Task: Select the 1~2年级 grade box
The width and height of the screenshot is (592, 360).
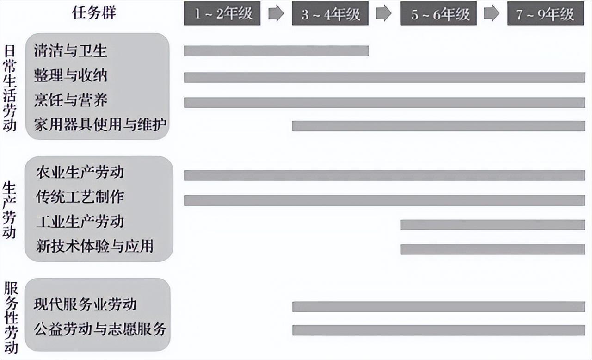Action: [x=222, y=13]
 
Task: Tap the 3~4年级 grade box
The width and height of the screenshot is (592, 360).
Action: [x=330, y=13]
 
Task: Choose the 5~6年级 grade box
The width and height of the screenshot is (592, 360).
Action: [x=438, y=13]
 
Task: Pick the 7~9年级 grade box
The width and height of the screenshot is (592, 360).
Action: [x=546, y=13]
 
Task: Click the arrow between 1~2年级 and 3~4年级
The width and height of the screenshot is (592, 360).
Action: [x=276, y=13]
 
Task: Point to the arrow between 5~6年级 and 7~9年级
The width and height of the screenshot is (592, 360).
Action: [x=492, y=13]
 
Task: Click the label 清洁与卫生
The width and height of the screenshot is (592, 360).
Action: [x=70, y=50]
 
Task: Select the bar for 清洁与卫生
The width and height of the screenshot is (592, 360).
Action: [x=276, y=51]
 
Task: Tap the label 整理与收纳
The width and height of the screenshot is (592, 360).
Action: [x=70, y=75]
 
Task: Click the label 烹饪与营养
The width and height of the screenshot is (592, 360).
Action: [x=70, y=99]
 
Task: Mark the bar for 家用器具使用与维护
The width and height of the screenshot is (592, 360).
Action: [x=438, y=126]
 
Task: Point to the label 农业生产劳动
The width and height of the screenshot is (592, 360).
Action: [x=80, y=173]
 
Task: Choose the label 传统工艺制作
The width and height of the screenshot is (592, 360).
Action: [x=80, y=197]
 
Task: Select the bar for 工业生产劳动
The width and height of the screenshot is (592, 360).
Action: [x=492, y=225]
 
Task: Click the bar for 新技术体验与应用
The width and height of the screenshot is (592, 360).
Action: [x=492, y=249]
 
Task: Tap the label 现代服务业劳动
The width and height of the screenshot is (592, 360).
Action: [x=85, y=304]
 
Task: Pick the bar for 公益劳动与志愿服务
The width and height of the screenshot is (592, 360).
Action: [x=438, y=330]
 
